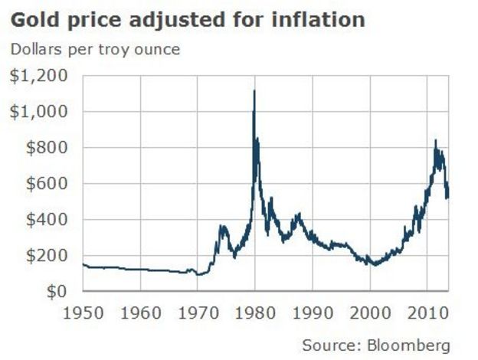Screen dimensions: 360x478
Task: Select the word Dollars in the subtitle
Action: coord(35,51)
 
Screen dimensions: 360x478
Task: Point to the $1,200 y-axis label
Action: coord(38,76)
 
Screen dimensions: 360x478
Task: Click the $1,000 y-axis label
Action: coord(38,112)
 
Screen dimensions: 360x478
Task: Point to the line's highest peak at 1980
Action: coord(254,90)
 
